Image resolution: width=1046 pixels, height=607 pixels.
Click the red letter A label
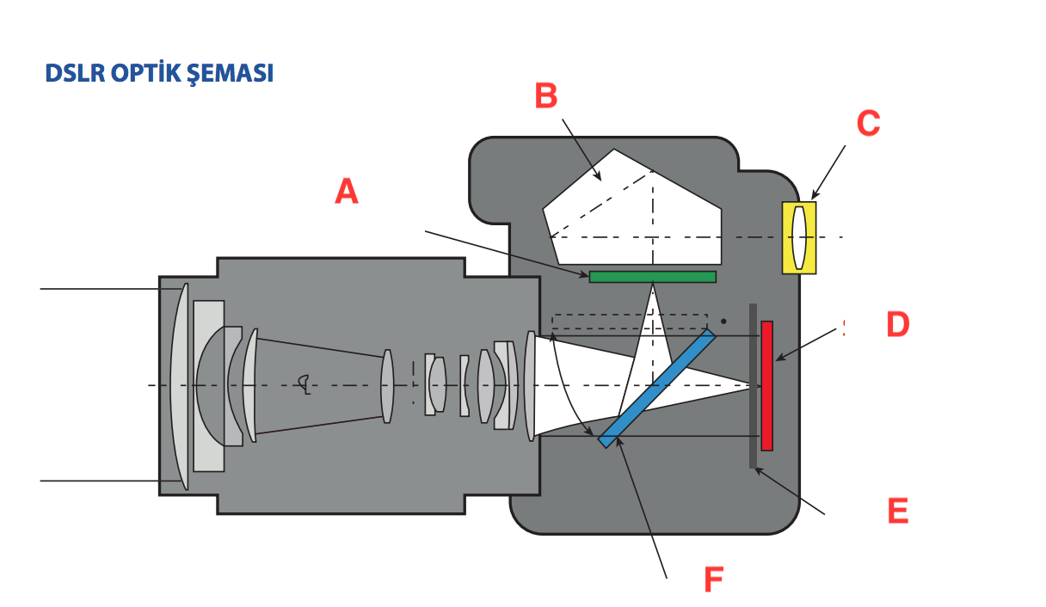coord(346,191)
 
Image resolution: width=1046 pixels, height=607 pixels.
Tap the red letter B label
coord(545,95)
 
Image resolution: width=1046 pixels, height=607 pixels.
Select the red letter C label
coord(868,123)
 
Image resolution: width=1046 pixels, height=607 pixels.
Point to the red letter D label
coord(897,325)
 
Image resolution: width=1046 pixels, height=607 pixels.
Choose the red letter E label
coord(897,511)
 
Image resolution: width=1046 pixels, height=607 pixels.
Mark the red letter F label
coord(713,580)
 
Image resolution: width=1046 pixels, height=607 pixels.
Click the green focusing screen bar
coord(652,276)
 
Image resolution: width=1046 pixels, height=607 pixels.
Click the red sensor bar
coord(766,385)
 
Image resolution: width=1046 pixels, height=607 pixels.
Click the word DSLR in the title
coord(75,73)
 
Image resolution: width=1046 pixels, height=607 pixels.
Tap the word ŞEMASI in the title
coord(231,73)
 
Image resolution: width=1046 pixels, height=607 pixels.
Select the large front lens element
coord(180,386)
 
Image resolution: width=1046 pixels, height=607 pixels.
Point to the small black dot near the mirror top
coord(724,322)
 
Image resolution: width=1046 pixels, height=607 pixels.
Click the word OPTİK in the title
coord(146,73)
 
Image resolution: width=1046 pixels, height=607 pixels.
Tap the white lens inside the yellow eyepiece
coord(800,237)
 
